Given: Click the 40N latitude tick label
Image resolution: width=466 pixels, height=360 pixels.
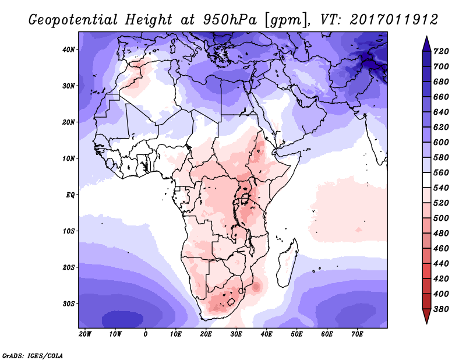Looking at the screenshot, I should pyautogui.click(x=69, y=50).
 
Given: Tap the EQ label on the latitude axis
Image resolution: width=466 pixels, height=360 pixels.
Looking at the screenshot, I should pyautogui.click(x=70, y=195).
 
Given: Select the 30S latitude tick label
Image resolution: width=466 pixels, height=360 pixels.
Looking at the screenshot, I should pyautogui.click(x=69, y=303).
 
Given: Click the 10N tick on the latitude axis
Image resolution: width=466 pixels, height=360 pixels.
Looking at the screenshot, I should pyautogui.click(x=69, y=158).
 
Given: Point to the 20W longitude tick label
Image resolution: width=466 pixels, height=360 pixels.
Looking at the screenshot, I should pyautogui.click(x=85, y=334).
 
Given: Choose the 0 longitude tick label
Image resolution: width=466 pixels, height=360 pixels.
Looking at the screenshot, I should pyautogui.click(x=146, y=334).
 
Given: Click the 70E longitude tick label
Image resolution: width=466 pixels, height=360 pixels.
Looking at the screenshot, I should pyautogui.click(x=358, y=334).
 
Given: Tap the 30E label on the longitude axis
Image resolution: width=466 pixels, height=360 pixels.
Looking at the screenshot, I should pyautogui.click(x=236, y=334).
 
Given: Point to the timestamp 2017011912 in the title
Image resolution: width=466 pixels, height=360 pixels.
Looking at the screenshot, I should pyautogui.click(x=394, y=19).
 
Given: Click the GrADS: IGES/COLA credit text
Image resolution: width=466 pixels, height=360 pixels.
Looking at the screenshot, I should pyautogui.click(x=33, y=355).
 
